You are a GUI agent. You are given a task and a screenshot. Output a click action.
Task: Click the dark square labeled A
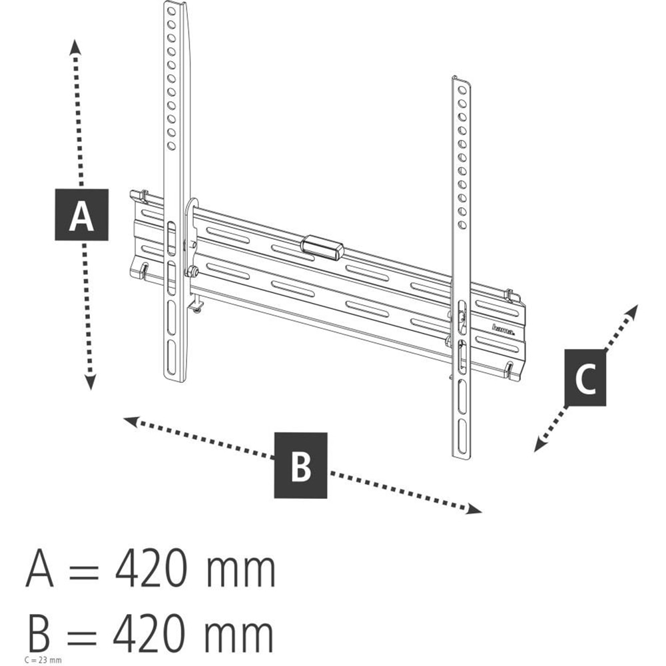click(81, 214)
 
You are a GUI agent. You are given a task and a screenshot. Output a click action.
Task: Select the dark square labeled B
click(301, 465)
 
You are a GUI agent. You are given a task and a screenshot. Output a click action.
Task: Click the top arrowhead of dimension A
click(75, 45)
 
